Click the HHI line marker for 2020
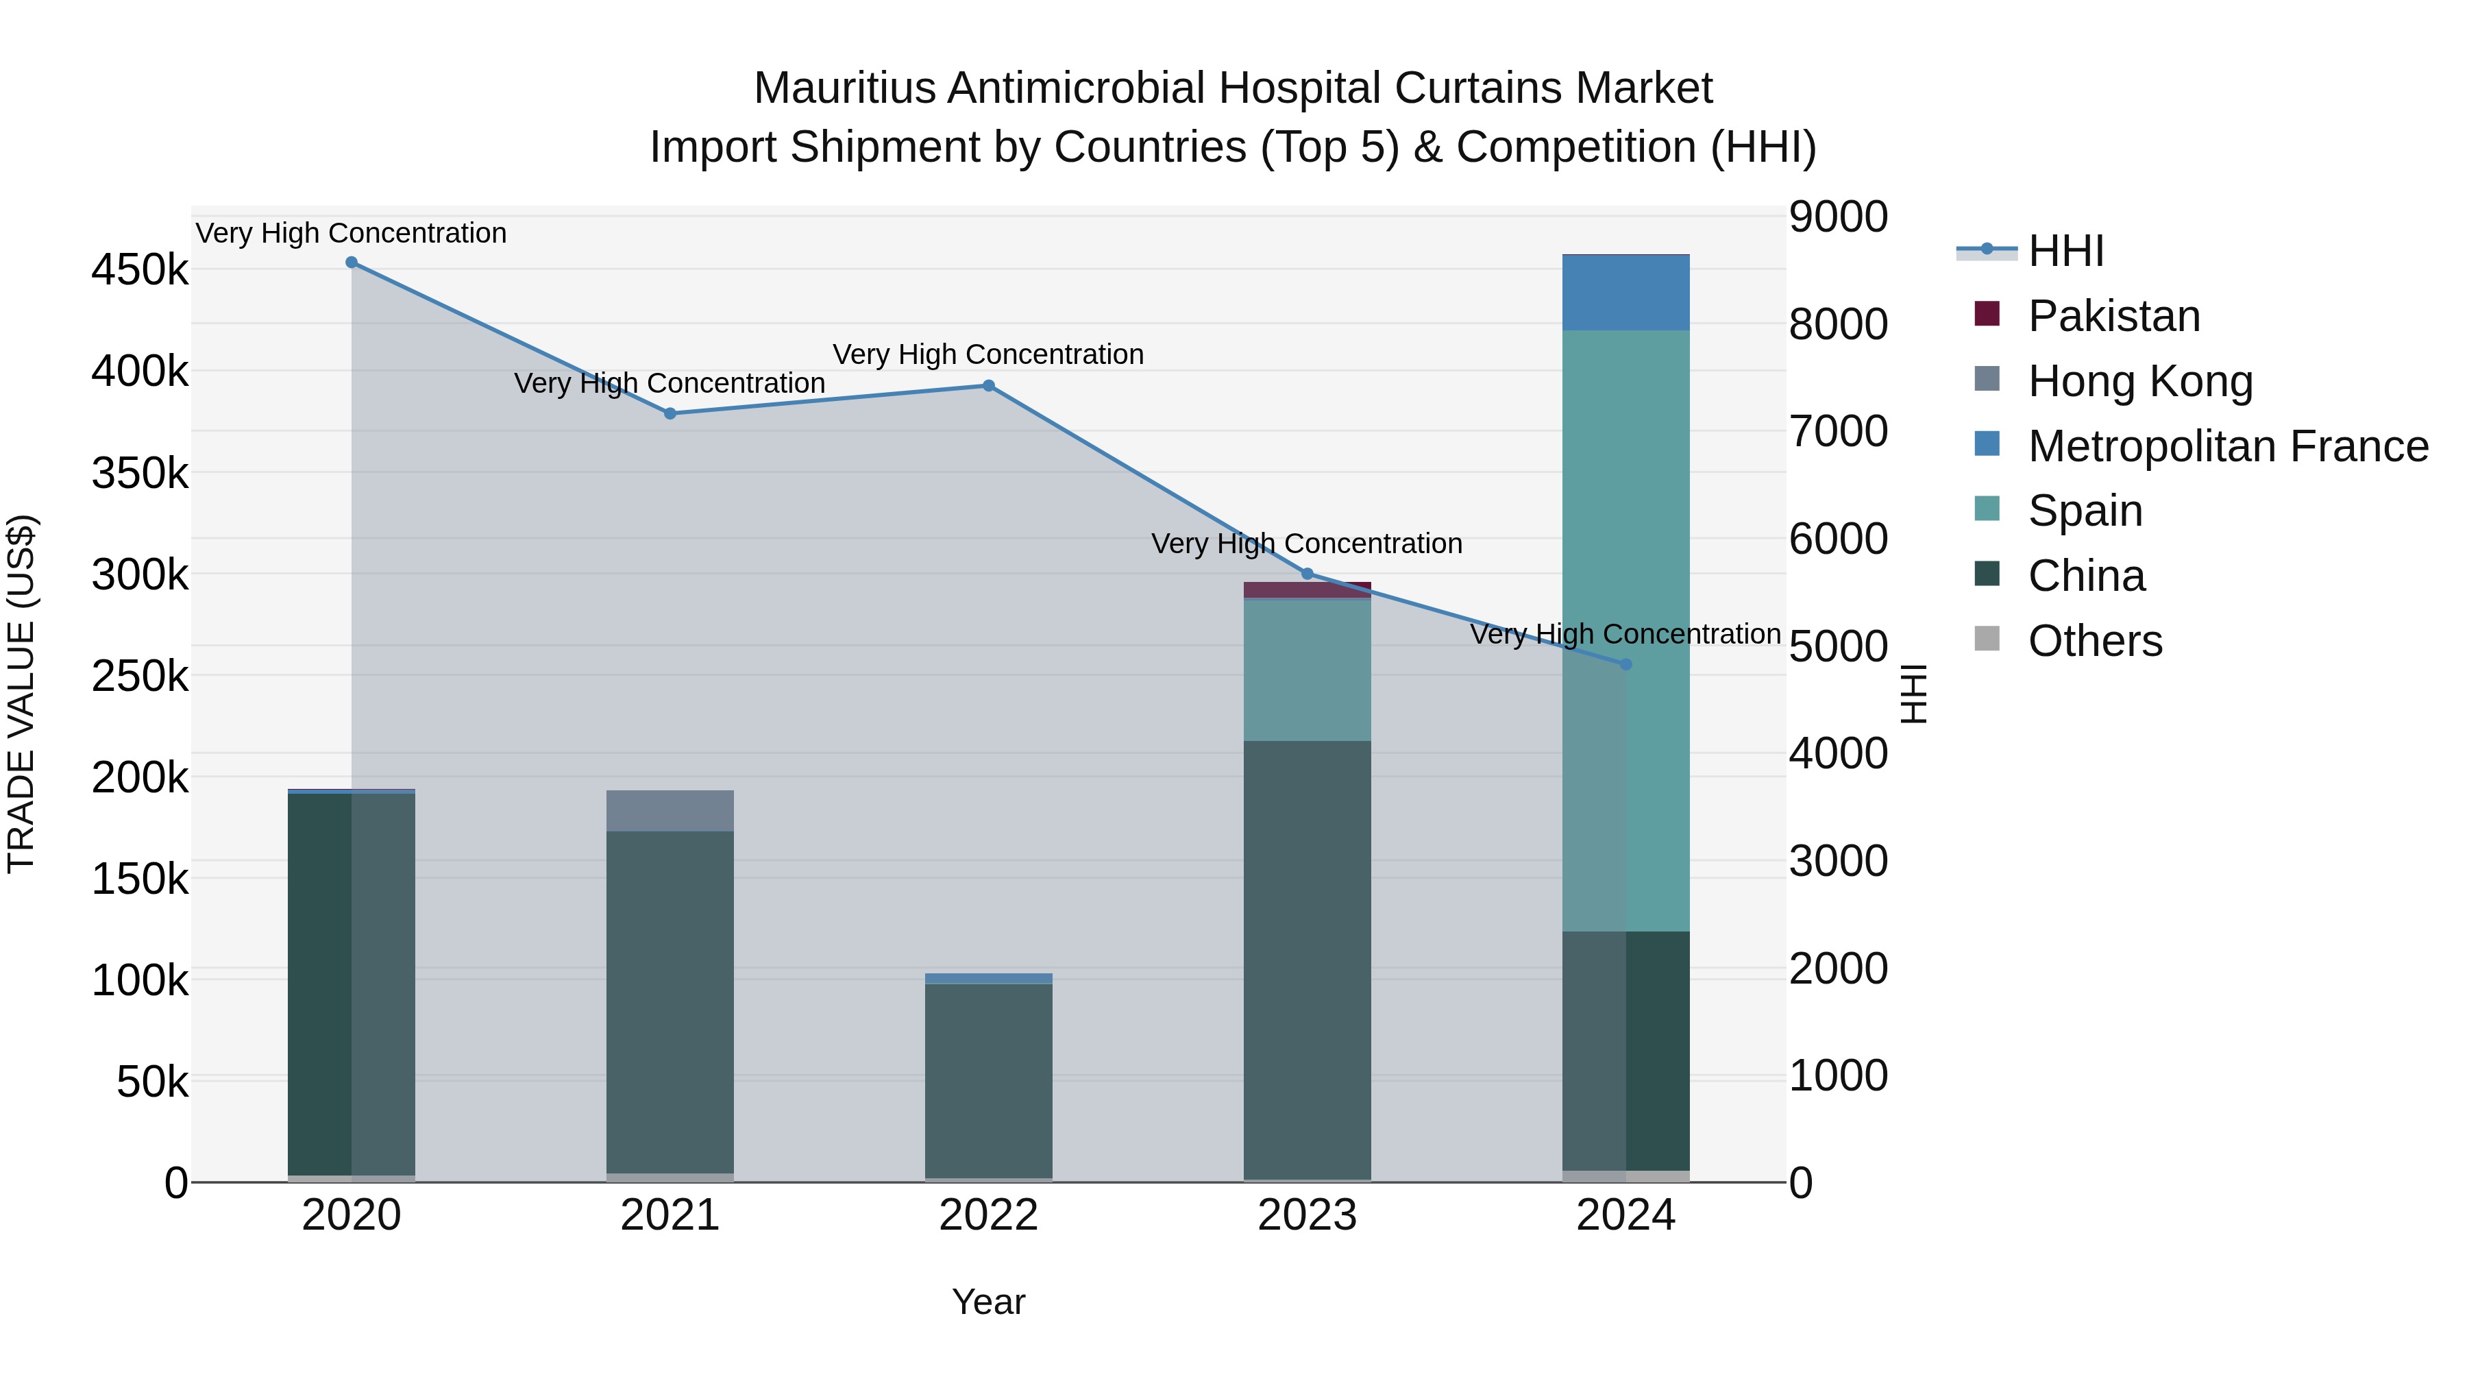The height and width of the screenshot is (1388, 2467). point(352,263)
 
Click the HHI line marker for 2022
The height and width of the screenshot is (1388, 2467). point(988,386)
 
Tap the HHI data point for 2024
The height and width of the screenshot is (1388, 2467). point(1625,663)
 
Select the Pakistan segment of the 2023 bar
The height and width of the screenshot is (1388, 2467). point(1308,590)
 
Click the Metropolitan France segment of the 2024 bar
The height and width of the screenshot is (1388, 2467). point(1625,293)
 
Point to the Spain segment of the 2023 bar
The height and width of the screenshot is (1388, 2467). point(1308,670)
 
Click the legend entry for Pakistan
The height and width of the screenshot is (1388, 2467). point(2113,316)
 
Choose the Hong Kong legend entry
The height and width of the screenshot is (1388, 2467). point(2139,381)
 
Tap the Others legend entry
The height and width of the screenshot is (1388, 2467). point(2094,641)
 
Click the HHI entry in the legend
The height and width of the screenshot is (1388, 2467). point(2065,251)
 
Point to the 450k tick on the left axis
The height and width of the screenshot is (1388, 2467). point(140,270)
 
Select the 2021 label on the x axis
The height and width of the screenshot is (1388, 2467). point(670,1215)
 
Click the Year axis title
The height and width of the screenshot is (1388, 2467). point(988,1302)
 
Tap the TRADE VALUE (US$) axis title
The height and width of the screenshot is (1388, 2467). point(21,694)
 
